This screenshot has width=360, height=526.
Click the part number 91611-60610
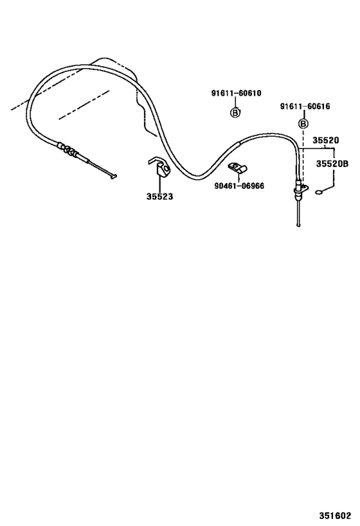236,93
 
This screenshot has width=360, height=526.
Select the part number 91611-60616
305,107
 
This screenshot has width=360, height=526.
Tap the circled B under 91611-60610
235,112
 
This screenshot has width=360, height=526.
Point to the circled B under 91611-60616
303,124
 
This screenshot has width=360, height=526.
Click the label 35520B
332,164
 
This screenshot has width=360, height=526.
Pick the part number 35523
159,197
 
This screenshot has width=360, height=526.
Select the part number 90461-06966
239,186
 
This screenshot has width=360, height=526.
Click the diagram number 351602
335,515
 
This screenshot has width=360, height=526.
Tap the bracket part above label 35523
159,167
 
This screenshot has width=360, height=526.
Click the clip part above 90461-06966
237,168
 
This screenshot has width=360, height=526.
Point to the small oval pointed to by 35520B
319,192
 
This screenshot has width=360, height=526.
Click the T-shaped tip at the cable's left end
114,176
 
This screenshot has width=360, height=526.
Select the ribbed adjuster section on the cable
68,150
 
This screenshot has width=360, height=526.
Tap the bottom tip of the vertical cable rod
298,225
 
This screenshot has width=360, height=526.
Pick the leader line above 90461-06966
238,177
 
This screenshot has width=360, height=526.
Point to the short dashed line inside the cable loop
84,105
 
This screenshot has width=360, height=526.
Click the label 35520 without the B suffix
326,140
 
